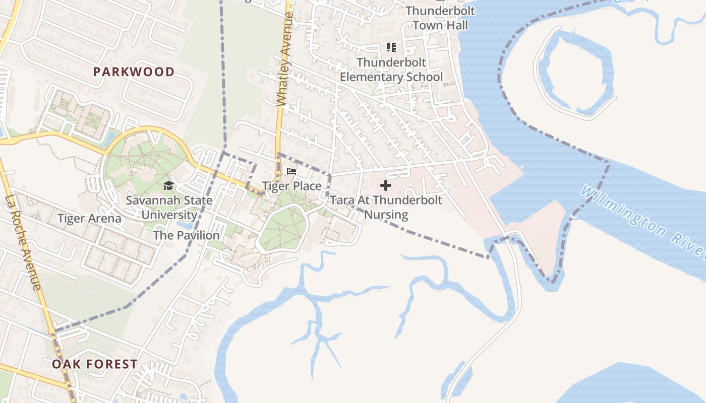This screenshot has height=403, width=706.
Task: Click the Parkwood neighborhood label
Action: click(134, 72)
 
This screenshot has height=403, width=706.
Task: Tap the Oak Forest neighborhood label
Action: click(95, 364)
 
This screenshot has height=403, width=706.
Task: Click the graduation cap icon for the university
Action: click(168, 186)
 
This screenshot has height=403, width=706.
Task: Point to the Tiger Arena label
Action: click(89, 219)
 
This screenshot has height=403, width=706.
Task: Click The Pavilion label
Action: click(186, 235)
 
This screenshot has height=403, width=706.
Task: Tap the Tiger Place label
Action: click(291, 186)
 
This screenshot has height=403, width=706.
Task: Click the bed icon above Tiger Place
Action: click(291, 171)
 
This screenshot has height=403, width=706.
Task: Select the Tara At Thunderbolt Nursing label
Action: click(386, 207)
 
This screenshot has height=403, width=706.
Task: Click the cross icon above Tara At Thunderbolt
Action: click(386, 185)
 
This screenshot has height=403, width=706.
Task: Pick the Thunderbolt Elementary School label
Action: click(391, 70)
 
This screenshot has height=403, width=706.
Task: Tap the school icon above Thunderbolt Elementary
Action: click(391, 47)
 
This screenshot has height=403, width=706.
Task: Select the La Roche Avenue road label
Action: click(23, 242)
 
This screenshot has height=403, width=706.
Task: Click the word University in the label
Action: click(169, 215)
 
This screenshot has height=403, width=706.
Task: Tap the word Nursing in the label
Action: click(386, 215)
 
